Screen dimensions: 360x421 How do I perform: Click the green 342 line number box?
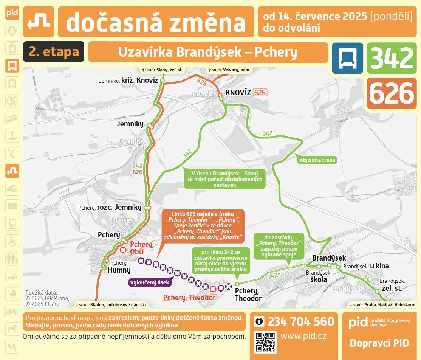392,58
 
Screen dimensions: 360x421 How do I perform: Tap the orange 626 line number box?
392,93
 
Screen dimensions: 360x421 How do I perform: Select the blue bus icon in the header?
347,58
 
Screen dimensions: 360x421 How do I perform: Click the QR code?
265,341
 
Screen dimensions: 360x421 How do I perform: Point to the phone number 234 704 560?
301,322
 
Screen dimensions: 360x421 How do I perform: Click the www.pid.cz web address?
303,335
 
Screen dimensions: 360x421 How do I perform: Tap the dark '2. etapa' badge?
54,52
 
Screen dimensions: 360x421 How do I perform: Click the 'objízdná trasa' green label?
317,160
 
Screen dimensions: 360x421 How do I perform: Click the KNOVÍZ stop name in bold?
238,93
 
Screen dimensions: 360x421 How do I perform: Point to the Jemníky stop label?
130,124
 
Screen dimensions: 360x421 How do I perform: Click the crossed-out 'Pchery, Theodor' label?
189,298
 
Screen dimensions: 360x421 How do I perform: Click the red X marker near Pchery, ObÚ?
123,250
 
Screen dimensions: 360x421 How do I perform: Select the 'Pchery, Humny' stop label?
119,267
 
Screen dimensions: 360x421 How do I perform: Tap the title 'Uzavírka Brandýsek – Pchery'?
207,52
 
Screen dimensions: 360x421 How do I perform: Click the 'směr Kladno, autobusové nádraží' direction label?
110,304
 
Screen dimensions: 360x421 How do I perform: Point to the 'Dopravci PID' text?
379,343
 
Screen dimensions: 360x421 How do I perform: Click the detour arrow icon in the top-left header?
39,22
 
